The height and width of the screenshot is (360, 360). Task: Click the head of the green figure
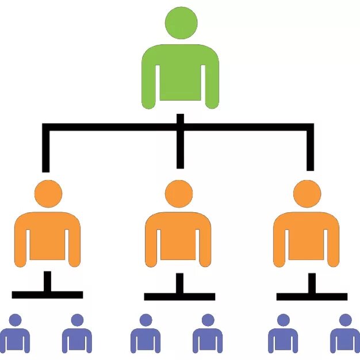(181, 22)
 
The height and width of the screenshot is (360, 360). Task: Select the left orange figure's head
(48, 194)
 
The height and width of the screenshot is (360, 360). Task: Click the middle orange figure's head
(179, 194)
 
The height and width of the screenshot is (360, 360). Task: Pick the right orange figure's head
(307, 194)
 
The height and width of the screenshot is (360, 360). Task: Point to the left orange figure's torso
(47, 236)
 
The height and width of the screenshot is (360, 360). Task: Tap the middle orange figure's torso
(178, 236)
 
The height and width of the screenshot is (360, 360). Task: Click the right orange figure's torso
(306, 236)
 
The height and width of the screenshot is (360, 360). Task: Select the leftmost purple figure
(15, 336)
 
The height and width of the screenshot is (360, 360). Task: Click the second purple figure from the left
(77, 336)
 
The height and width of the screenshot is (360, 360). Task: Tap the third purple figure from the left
(145, 336)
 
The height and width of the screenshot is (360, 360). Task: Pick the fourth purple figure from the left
(208, 336)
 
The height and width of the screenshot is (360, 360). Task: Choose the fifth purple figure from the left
(283, 336)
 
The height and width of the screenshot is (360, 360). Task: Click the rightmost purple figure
(345, 336)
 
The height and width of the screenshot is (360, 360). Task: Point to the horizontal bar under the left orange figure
(47, 295)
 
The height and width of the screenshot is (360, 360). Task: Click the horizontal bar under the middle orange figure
(179, 297)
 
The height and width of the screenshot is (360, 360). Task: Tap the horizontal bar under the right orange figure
(312, 297)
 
